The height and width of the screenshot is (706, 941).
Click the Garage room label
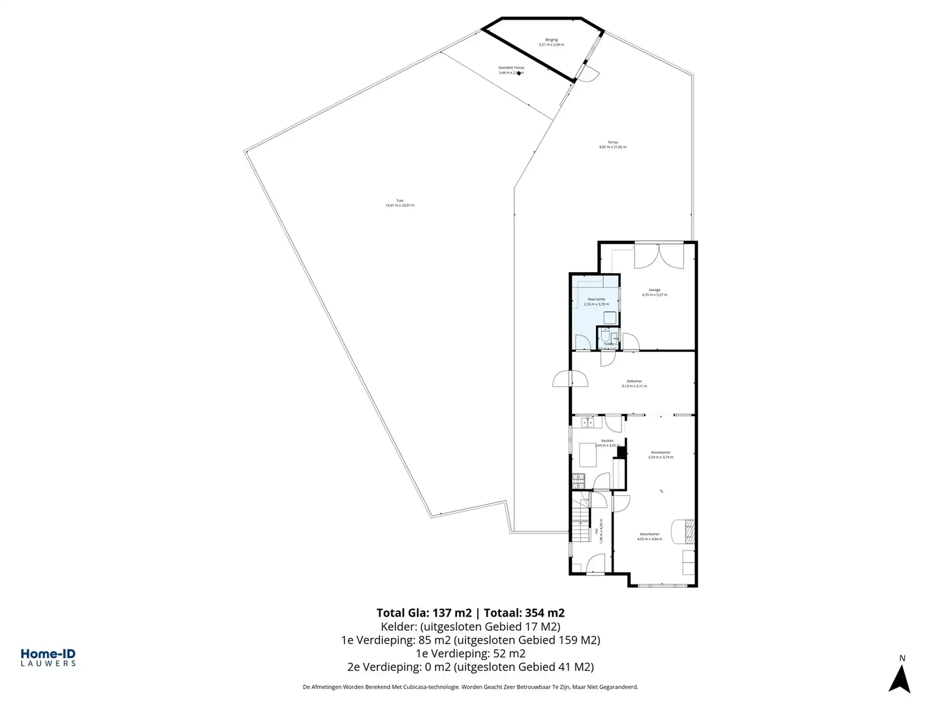pyautogui.click(x=654, y=290)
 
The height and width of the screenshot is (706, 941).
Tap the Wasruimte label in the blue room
pyautogui.click(x=596, y=299)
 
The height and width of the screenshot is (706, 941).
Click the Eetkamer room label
pyautogui.click(x=634, y=381)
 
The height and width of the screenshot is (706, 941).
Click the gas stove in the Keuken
pyautogui.click(x=578, y=481)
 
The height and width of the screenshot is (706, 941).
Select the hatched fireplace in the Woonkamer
pyautogui.click(x=690, y=529)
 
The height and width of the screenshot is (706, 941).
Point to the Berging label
pyautogui.click(x=551, y=40)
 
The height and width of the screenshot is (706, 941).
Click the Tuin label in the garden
pyautogui.click(x=400, y=201)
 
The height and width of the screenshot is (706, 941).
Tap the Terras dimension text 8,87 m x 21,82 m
pyautogui.click(x=613, y=147)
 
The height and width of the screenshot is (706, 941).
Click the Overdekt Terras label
pyautogui.click(x=511, y=68)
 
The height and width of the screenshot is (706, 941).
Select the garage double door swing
pyautogui.click(x=659, y=257)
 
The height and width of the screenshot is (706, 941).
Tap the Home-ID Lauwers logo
pyautogui.click(x=48, y=658)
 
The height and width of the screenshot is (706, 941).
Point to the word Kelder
pyautogui.click(x=399, y=626)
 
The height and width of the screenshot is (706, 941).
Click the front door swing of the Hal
pyautogui.click(x=595, y=564)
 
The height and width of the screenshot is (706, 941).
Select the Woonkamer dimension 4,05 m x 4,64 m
pyautogui.click(x=649, y=539)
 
